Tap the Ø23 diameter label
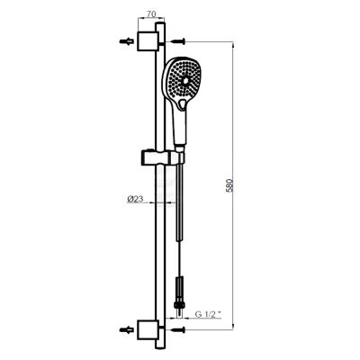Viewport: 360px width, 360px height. tap(136, 200)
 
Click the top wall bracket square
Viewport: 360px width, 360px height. tap(146, 40)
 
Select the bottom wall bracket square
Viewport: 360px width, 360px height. tap(146, 329)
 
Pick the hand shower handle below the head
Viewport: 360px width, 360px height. tap(183, 126)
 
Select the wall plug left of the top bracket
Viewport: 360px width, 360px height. tap(122, 40)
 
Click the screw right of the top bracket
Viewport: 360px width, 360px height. tap(179, 40)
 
